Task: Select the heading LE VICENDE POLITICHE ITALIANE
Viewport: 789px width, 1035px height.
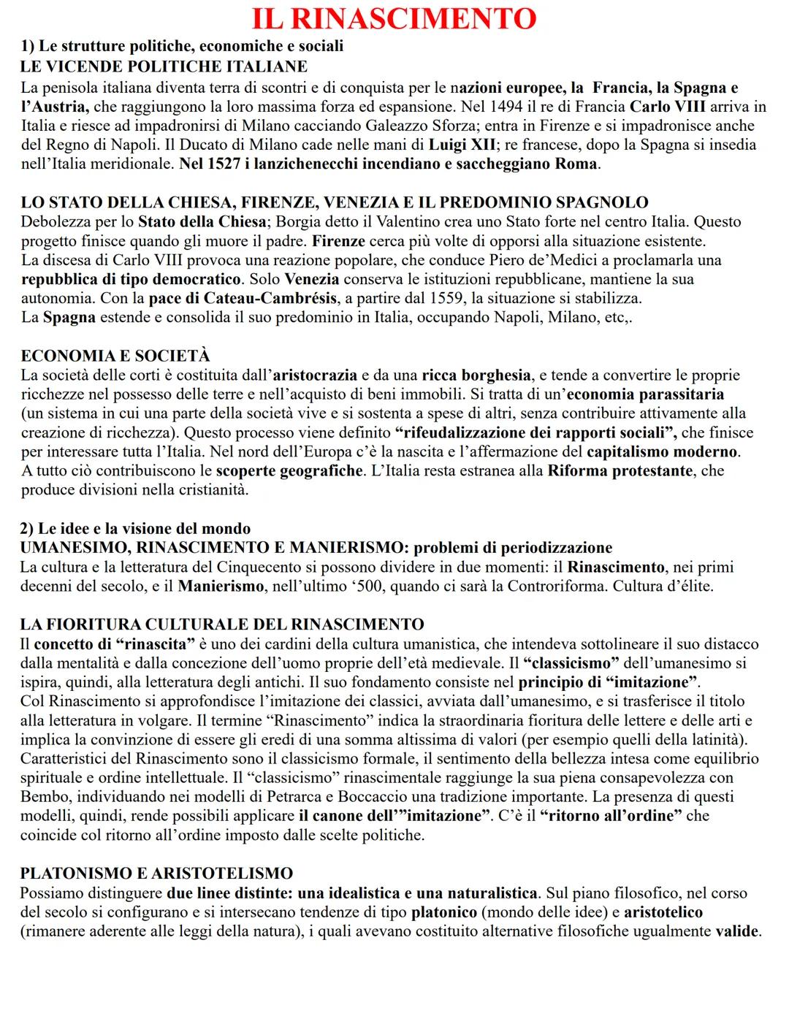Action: [x=164, y=67]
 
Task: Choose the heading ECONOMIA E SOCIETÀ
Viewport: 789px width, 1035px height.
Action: [x=115, y=356]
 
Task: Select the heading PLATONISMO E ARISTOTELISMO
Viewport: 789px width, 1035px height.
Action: [x=156, y=874]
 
